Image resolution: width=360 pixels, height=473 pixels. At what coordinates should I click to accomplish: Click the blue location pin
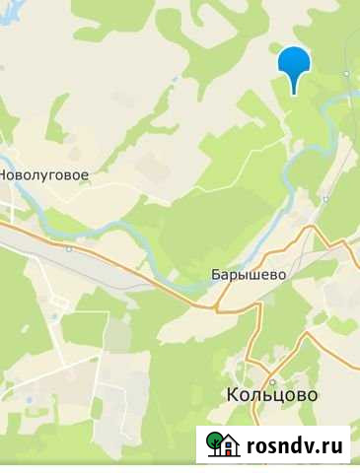(x=294, y=67)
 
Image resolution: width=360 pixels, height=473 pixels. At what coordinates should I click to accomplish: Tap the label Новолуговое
(x=44, y=174)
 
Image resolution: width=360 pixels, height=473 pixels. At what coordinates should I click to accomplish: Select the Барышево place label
(x=248, y=276)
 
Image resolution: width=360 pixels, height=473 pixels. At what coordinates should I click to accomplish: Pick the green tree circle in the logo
(x=213, y=442)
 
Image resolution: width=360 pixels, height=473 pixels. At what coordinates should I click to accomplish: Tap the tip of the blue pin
(x=294, y=94)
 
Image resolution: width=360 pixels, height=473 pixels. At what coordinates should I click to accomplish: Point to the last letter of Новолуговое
(x=86, y=175)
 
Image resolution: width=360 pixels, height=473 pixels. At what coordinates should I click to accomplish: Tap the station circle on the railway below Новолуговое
(x=69, y=249)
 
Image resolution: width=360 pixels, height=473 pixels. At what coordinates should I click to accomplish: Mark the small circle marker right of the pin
(x=346, y=74)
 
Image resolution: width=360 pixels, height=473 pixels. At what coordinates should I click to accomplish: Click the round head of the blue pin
(x=294, y=62)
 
